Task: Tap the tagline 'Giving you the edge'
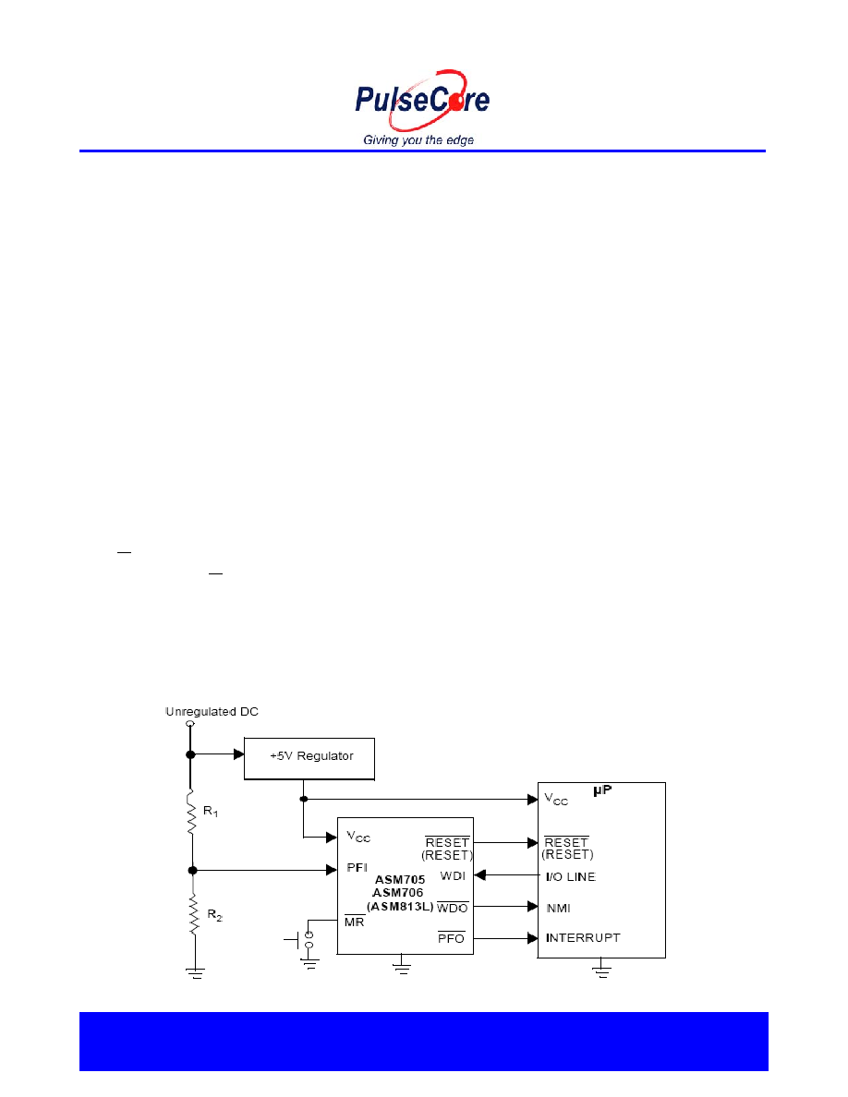pos(418,140)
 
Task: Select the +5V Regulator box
pos(309,758)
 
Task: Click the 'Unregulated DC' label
pos(212,712)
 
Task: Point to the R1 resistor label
pos(211,812)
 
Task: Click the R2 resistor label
pos(215,915)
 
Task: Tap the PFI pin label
pos(357,867)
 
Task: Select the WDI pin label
pos(453,876)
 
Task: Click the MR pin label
pos(355,922)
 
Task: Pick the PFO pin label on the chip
pos(452,937)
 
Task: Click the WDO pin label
pos(452,908)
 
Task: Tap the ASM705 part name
pos(399,879)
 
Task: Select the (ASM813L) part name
pos(400,907)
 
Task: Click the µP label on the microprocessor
pos(602,790)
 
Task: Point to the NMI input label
pos(558,908)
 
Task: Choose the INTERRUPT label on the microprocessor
pos(583,937)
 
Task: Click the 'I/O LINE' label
pos(570,876)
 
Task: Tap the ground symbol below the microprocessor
pos(601,969)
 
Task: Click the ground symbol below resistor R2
pos(195,971)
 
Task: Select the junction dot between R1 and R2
pos(192,871)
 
